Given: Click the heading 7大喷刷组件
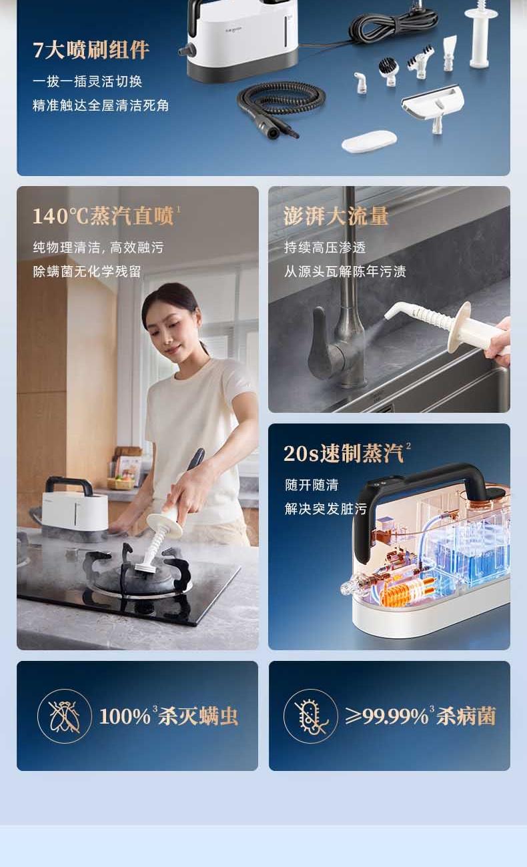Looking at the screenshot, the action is pos(91,50).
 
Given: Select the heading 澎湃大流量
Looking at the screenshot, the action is pos(336,215).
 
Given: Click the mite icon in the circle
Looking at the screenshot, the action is pos(64,716).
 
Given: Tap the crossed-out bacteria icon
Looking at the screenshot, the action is pos(311,716).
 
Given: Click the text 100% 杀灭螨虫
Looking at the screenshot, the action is pos(168,716).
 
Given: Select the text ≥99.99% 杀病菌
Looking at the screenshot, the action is pos(420,716).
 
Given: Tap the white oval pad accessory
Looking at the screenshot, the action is pos(370,141).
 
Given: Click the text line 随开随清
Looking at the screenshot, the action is pos(312,485).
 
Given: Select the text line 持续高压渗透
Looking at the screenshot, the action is pos(325,247).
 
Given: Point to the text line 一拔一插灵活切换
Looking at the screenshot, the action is pos(87,81).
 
